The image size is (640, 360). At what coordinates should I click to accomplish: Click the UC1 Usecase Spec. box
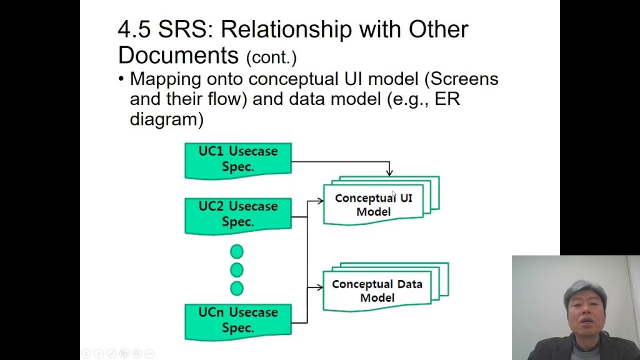238,159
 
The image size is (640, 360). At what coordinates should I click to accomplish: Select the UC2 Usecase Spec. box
238,214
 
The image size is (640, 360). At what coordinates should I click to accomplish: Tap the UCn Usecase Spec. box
238,320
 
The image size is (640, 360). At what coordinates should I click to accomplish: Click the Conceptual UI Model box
374,204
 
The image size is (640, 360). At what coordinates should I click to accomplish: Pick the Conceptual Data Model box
377,291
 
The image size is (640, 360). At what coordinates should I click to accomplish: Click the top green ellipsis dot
237,252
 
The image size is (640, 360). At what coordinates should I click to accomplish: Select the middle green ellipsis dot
237,270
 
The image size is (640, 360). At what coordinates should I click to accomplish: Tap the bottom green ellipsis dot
237,288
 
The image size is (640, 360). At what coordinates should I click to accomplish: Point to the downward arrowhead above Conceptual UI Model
389,172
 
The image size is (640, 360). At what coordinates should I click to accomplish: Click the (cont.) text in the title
271,57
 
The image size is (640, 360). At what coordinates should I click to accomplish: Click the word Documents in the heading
178,55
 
